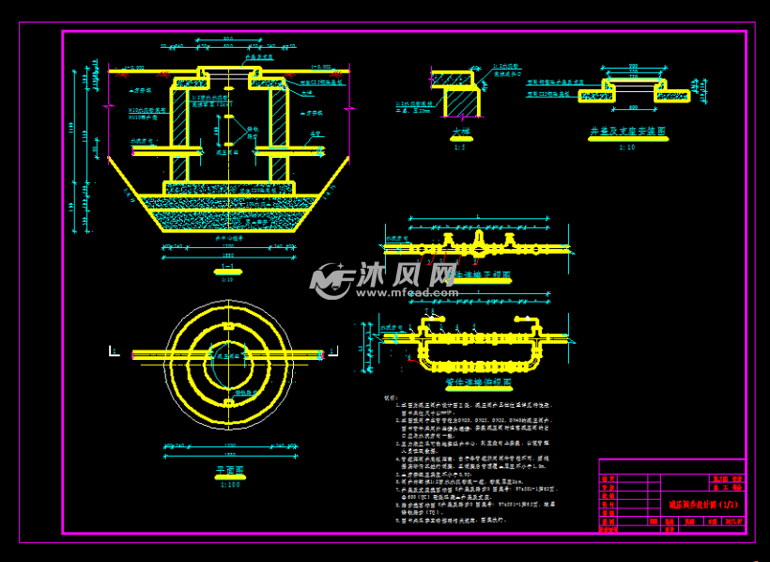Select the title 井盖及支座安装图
click(629, 133)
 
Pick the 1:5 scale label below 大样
click(460, 147)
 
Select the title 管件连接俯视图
click(478, 383)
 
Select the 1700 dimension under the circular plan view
click(227, 449)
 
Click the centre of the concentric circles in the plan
click(227, 354)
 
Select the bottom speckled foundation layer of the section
click(228, 221)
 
